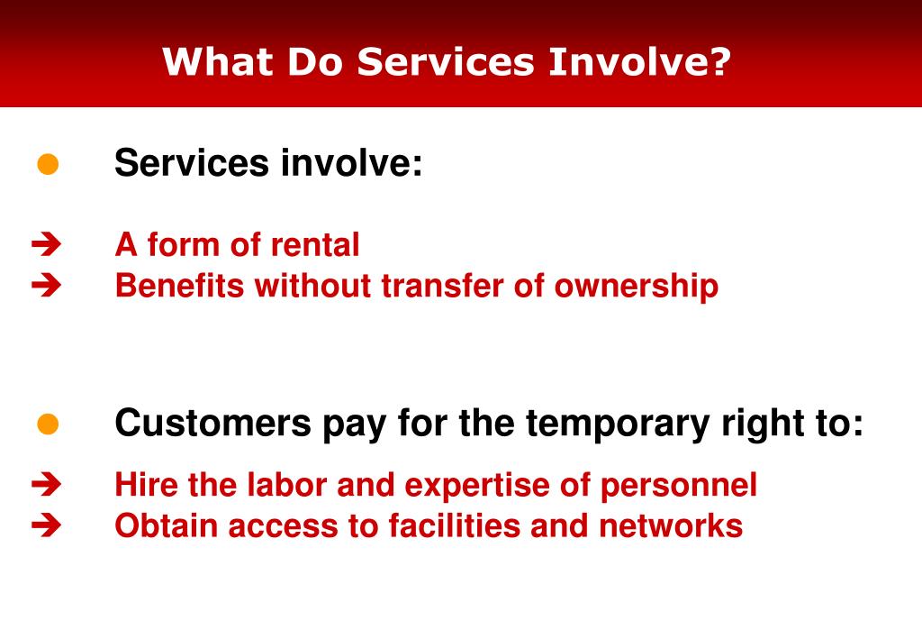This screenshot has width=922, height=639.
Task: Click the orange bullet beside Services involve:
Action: [x=48, y=165]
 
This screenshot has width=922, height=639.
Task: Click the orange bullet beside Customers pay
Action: [x=48, y=424]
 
